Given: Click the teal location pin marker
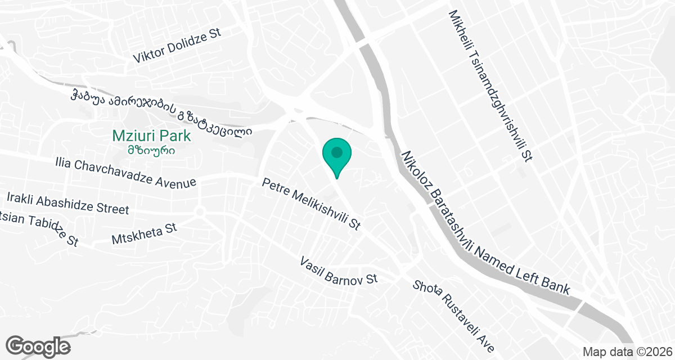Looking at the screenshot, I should coord(336,156).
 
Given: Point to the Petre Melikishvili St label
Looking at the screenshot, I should coord(311,204).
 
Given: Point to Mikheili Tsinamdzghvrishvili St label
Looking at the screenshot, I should coord(490,85).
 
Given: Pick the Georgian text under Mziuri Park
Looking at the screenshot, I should coord(151,150).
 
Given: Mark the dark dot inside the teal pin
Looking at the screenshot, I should coord(336,152).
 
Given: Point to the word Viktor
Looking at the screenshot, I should coord(147,55).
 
